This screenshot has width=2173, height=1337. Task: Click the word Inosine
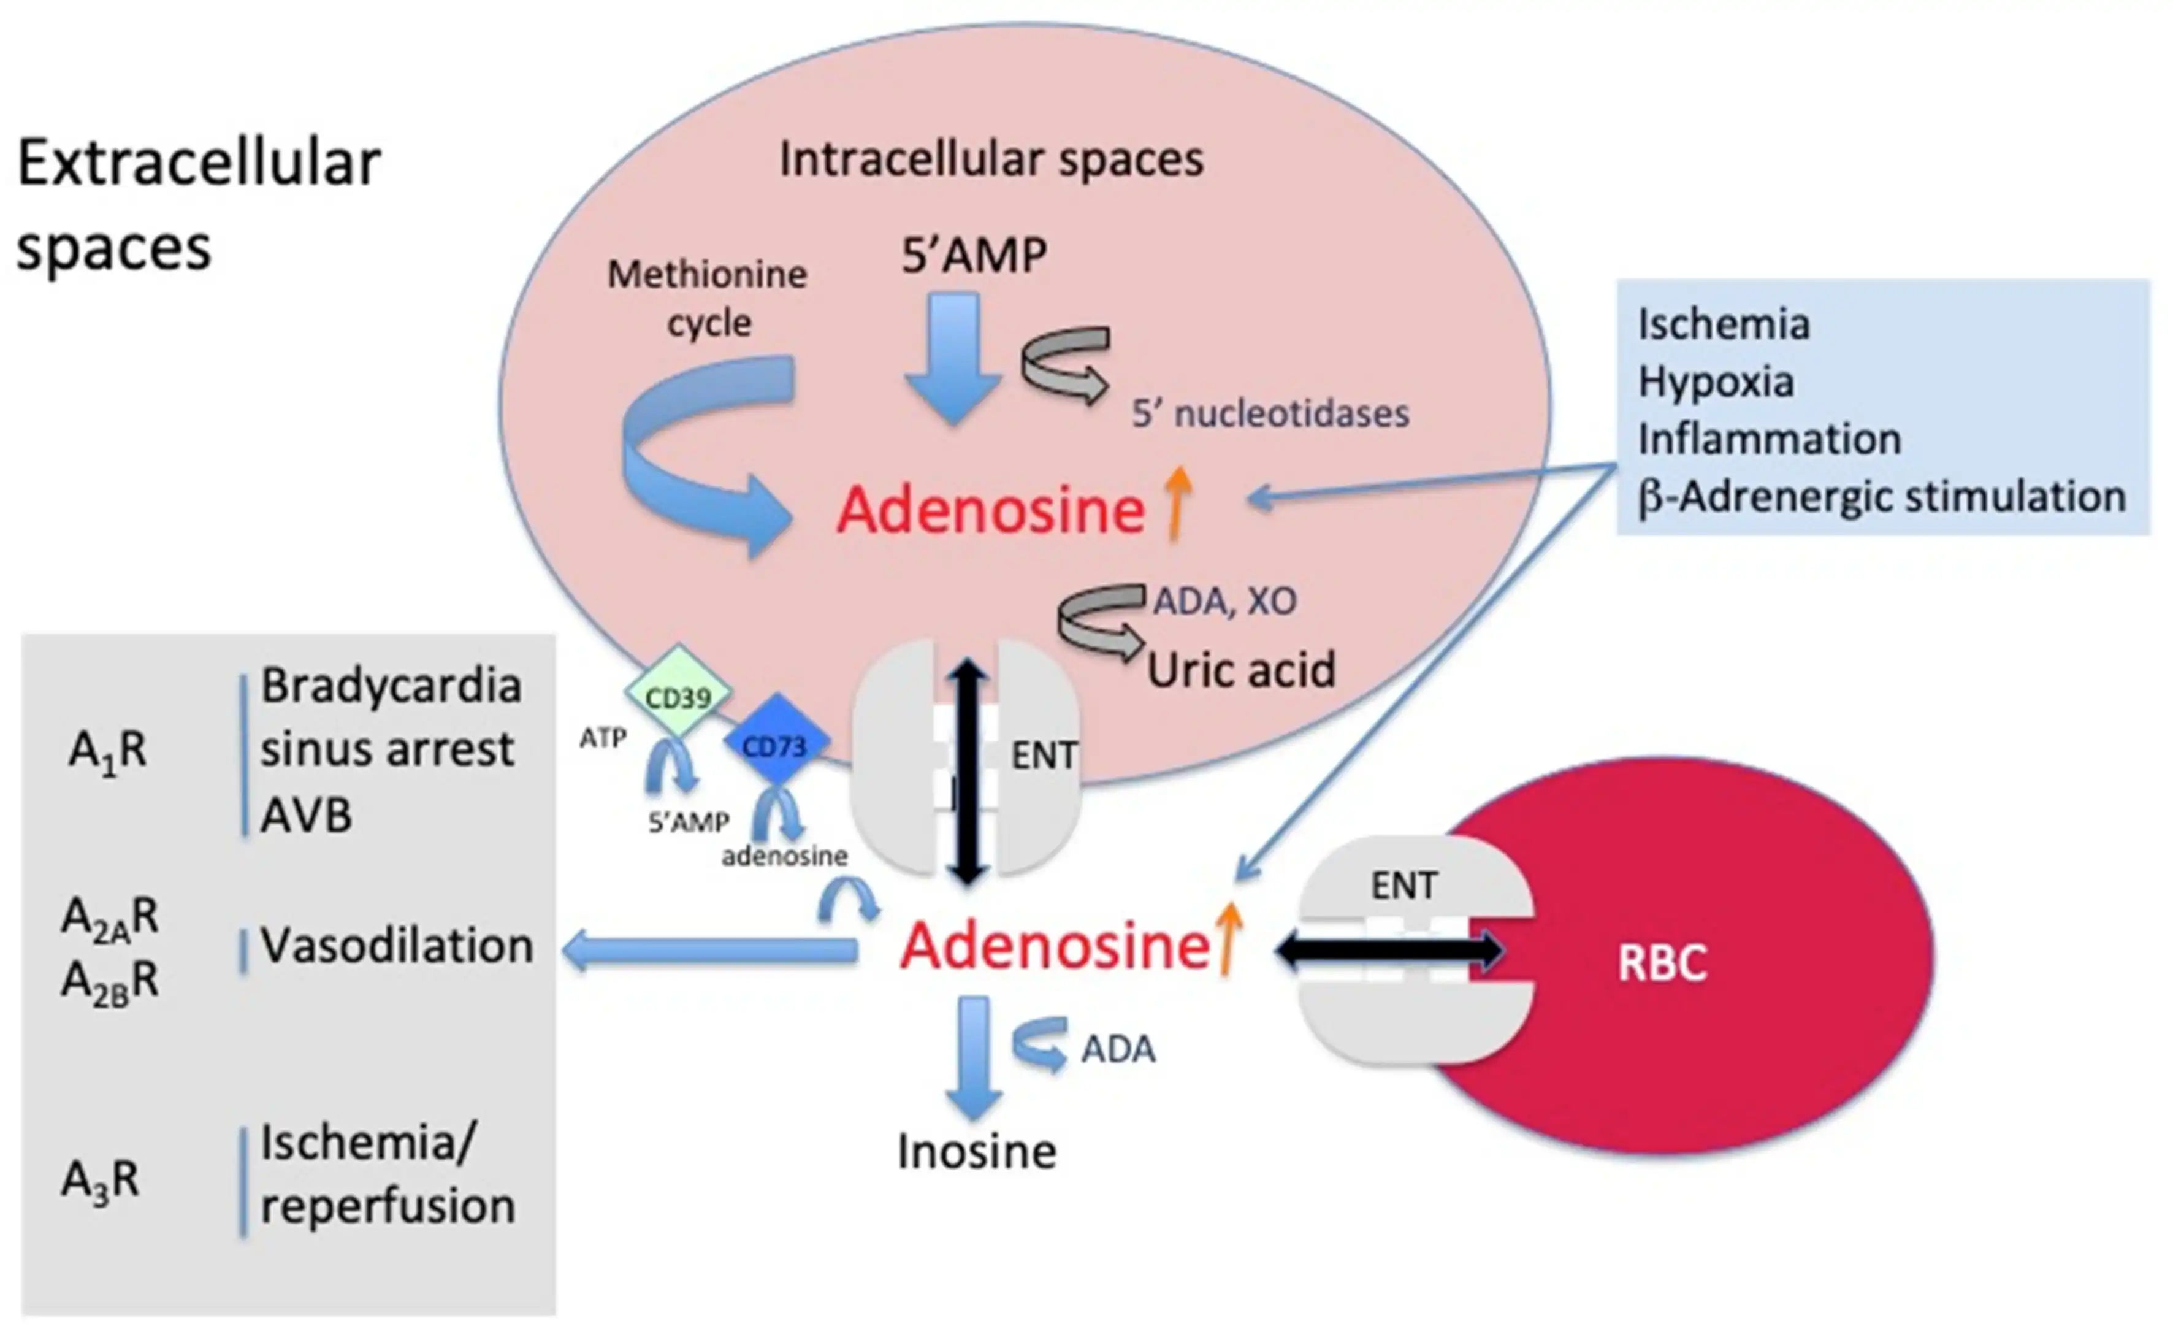click(976, 1151)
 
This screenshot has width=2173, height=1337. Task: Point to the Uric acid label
click(1240, 669)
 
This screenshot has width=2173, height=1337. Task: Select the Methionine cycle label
click(707, 298)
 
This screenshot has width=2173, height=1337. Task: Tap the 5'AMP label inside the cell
click(973, 256)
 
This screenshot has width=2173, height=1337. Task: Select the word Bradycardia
click(390, 686)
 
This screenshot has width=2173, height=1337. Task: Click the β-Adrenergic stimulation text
click(1881, 497)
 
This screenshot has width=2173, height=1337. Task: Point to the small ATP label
click(603, 737)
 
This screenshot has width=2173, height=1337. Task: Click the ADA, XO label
click(1224, 601)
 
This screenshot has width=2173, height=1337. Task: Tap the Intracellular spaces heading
click(991, 160)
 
